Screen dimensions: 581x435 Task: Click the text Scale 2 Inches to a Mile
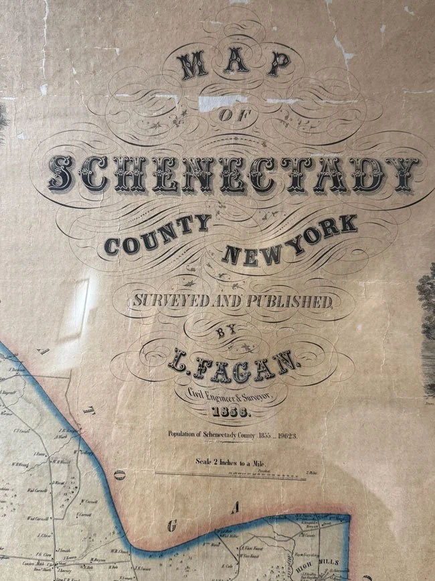(231, 462)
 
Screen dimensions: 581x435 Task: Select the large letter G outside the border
(172, 527)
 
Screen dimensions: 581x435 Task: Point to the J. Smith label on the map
(64, 549)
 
